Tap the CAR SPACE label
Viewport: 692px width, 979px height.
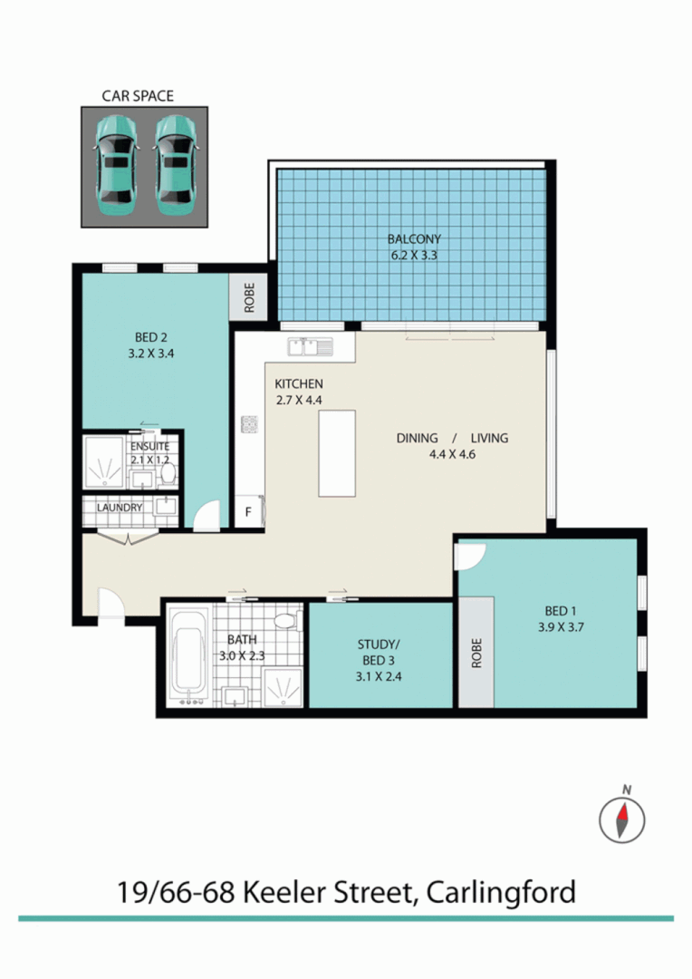[138, 95]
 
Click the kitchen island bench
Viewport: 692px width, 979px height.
[336, 452]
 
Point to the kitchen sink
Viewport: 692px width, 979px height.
[310, 345]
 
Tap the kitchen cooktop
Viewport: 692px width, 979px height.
[249, 423]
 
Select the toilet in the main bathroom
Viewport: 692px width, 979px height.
[287, 622]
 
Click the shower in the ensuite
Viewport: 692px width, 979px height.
[107, 465]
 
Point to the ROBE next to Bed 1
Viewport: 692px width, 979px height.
[476, 652]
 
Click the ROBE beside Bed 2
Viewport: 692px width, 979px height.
[249, 296]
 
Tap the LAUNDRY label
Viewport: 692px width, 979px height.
[120, 508]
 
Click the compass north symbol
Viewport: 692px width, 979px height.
[622, 819]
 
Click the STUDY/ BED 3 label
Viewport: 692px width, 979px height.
[380, 654]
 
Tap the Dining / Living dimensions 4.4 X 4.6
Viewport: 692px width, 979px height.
[452, 454]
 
